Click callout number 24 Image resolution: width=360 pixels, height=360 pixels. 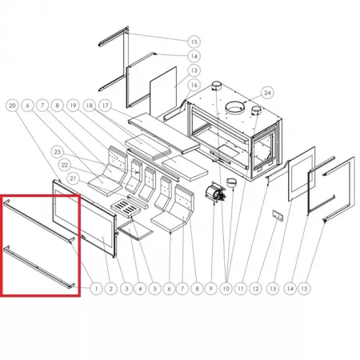tap(267, 93)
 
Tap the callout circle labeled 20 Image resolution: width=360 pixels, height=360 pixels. tap(12, 106)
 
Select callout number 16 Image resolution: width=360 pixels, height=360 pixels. tap(194, 85)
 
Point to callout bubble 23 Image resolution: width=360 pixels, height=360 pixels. tap(58, 152)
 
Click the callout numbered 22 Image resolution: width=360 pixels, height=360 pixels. tap(65, 165)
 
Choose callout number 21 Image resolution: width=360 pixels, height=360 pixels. tap(73, 178)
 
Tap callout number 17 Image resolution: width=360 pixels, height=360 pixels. tap(106, 106)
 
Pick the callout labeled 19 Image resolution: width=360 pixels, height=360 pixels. tap(73, 106)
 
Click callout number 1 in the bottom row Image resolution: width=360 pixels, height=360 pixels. tap(96, 288)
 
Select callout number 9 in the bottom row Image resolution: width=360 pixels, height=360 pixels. tap(211, 288)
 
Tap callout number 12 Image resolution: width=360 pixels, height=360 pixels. tap(255, 288)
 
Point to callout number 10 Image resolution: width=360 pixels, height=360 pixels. tap(226, 288)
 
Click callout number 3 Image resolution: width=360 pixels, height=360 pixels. tap(126, 288)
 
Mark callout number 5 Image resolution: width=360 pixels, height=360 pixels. tap(155, 288)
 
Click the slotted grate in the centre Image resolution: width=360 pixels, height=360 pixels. tap(126, 208)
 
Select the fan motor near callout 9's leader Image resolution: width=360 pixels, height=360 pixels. tap(215, 194)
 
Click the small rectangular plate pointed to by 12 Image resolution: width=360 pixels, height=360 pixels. tap(278, 215)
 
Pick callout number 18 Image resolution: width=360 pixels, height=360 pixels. tap(90, 106)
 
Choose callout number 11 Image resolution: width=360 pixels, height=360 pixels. tap(241, 288)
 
